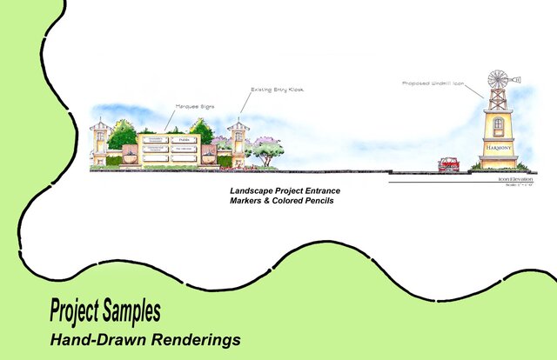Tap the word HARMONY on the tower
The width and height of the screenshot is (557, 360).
(498, 148)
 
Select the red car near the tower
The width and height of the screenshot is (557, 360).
(449, 163)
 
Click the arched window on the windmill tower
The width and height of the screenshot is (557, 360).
(498, 124)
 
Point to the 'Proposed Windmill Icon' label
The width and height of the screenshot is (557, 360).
(432, 83)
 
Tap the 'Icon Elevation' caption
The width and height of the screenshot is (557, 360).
(514, 179)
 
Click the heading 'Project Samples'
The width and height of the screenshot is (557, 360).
(104, 310)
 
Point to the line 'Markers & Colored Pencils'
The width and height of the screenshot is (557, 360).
(277, 201)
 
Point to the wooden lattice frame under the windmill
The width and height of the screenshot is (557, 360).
(498, 98)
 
